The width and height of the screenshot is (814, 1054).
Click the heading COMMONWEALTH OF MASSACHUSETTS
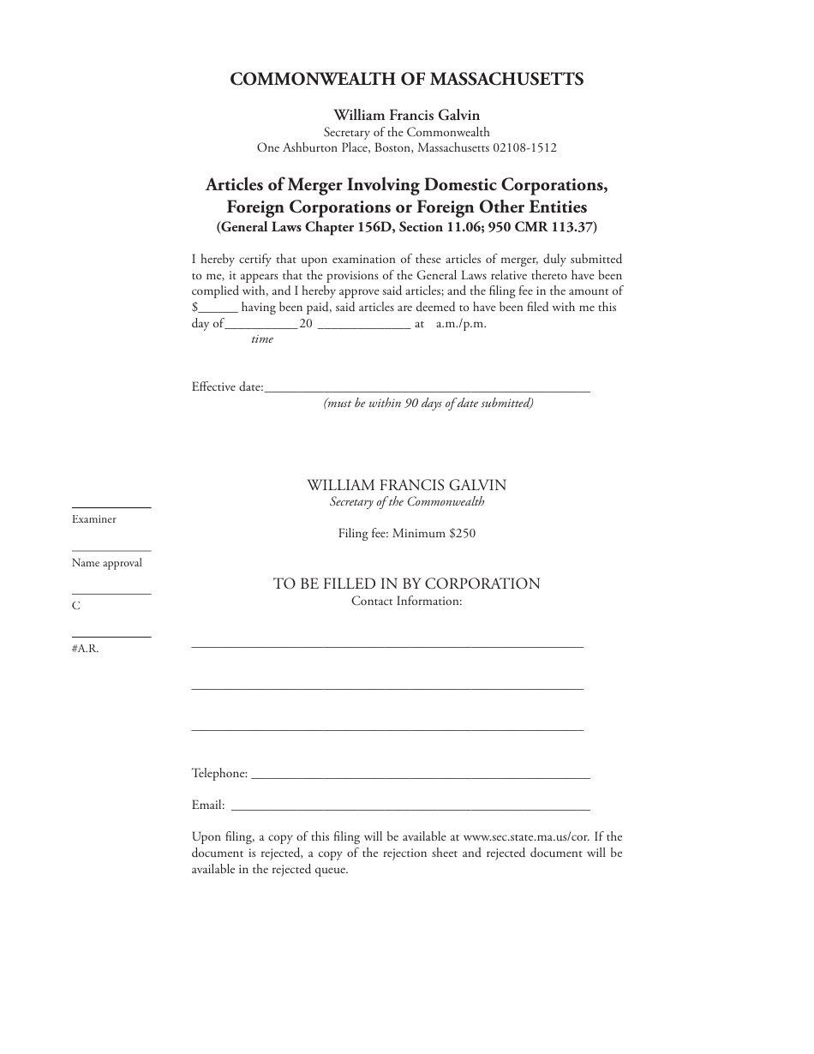407,79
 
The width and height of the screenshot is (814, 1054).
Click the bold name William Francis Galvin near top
407,115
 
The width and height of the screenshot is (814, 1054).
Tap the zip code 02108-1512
524,147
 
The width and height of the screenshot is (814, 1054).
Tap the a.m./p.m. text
461,325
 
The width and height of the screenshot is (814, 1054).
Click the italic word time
262,339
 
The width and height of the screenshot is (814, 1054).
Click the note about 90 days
428,404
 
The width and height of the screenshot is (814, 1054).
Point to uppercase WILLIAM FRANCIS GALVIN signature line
407,485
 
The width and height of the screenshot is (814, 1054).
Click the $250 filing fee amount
462,533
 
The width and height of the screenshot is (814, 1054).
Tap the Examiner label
94,519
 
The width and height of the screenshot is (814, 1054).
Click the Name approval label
107,563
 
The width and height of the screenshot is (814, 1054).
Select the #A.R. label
86,649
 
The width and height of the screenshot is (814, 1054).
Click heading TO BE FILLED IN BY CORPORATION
407,584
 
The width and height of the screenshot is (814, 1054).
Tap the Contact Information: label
407,601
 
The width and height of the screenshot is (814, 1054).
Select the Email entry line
411,807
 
